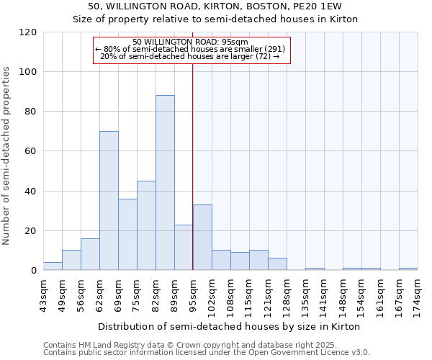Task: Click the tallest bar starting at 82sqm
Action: click(x=165, y=183)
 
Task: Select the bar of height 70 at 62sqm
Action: click(x=109, y=201)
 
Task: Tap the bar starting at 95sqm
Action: click(x=202, y=238)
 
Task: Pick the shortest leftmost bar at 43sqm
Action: click(x=53, y=266)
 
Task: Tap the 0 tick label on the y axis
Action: click(x=35, y=271)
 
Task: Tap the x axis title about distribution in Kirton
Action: click(x=230, y=326)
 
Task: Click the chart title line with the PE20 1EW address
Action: click(x=215, y=6)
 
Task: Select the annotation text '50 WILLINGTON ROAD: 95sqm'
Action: click(x=191, y=42)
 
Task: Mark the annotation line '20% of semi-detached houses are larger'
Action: click(x=191, y=56)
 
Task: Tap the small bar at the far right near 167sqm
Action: click(x=408, y=269)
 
